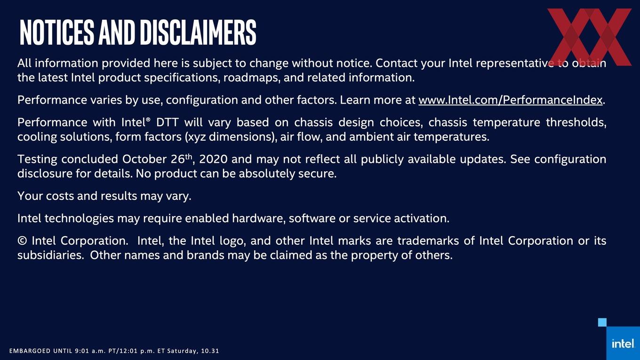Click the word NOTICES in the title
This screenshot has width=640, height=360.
point(57,32)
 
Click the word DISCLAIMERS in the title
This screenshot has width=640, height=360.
point(199,32)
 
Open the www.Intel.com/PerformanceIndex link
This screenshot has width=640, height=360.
point(511,100)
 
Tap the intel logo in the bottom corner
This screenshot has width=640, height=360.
point(623,343)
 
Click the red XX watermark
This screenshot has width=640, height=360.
point(590,37)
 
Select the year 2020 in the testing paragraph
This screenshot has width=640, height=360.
point(213,159)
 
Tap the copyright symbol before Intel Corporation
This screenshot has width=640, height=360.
point(22,241)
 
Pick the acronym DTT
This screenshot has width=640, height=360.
point(167,122)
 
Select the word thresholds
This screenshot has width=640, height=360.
point(576,122)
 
